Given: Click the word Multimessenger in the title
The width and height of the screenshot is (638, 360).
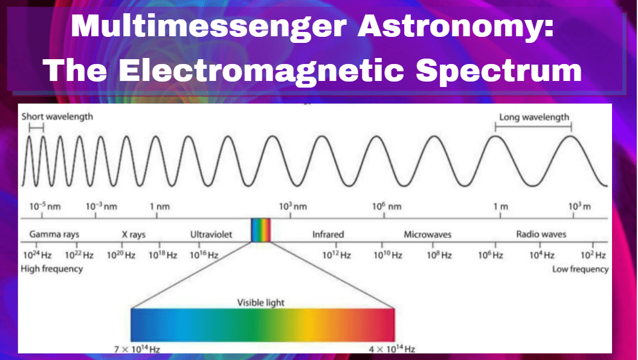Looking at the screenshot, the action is (208, 27).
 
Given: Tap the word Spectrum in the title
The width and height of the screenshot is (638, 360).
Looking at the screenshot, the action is (499, 71).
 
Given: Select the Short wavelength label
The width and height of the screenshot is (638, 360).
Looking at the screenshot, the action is (57, 117).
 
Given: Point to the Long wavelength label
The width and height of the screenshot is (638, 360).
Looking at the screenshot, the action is (534, 117).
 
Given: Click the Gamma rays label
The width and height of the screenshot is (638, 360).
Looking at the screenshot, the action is (54, 234).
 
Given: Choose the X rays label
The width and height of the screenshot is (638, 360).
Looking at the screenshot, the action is (134, 234).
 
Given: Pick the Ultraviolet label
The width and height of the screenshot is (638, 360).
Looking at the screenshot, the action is (211, 234).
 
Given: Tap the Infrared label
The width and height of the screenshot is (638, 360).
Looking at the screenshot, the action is (328, 234).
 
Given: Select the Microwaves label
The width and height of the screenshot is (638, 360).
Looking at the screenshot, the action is (427, 234).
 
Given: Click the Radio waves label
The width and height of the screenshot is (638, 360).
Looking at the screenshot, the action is (541, 234).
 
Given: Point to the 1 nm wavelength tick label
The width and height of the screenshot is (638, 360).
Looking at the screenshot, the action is (159, 207).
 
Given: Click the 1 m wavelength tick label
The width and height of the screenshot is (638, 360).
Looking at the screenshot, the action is (501, 207).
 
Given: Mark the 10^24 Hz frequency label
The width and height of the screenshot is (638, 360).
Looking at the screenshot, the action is (37, 255).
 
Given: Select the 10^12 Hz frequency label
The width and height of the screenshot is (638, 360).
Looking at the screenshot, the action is (337, 255).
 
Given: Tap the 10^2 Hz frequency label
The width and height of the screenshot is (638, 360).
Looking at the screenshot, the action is (593, 255).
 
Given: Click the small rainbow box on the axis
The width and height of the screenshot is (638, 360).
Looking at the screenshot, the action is (261, 230).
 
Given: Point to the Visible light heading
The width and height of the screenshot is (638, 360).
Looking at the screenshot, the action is (261, 303).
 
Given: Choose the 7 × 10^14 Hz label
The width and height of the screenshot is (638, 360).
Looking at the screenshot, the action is (137, 349).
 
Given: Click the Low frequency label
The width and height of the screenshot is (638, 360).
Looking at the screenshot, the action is (580, 269).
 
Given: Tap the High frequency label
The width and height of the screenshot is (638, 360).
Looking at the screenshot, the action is (52, 269).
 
